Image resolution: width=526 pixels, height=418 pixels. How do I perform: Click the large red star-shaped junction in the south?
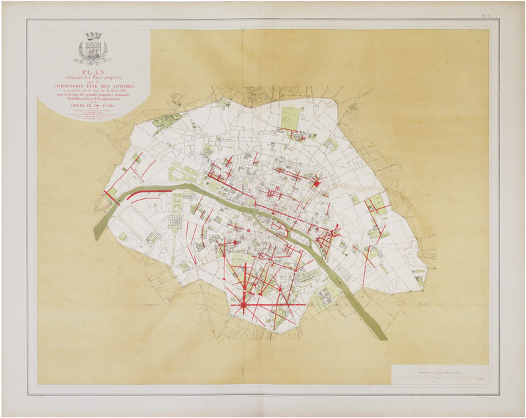point(244,306)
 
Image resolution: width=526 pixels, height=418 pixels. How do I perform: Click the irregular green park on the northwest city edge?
point(160,122)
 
